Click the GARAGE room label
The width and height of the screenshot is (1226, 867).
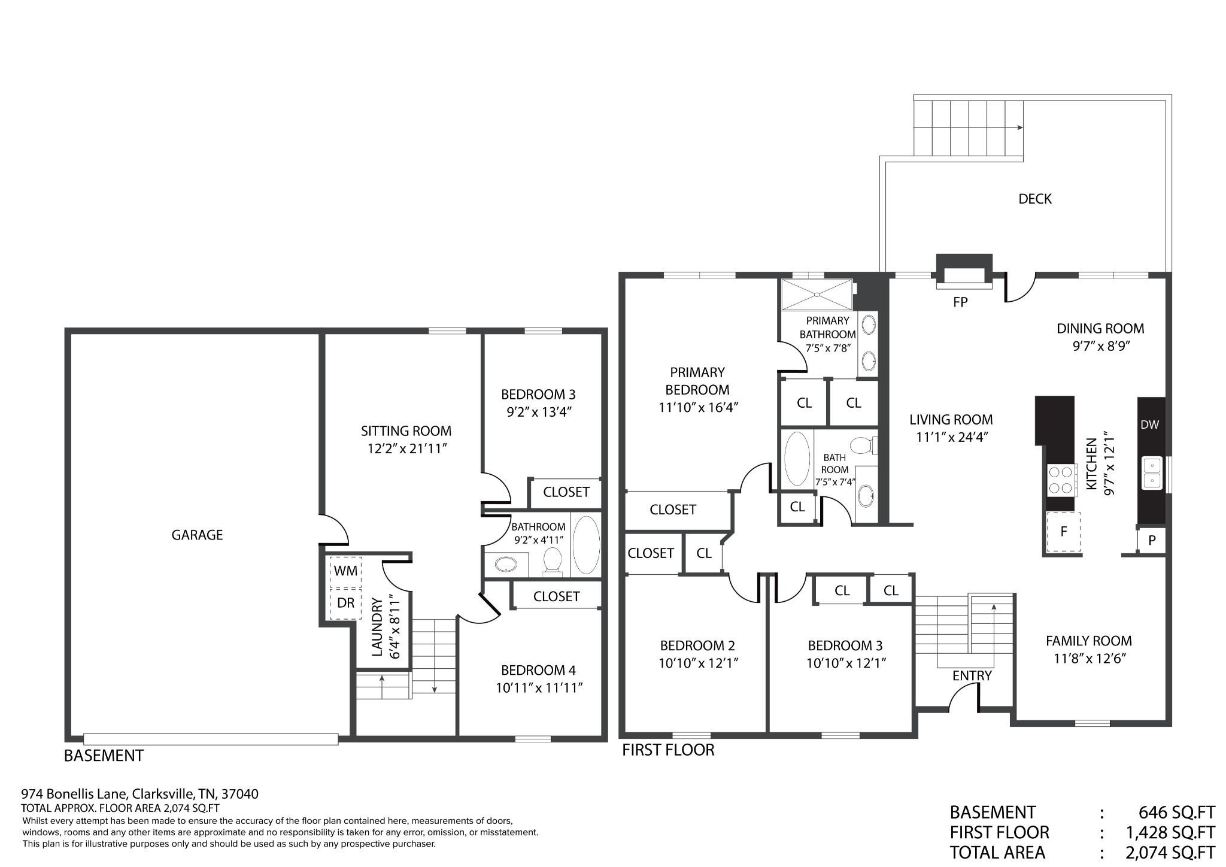(197, 535)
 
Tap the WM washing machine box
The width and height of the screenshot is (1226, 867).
(345, 571)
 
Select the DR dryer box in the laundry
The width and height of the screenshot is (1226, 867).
(345, 603)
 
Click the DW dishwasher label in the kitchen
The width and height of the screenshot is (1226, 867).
(1149, 425)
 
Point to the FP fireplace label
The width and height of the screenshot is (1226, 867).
(960, 302)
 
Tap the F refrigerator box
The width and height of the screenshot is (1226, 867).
(1063, 532)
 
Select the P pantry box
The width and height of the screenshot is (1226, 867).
(1151, 541)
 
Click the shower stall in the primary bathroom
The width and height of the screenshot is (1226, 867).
(817, 295)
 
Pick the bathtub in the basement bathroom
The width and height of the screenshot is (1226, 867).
(586, 545)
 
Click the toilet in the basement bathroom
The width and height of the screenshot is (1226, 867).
(552, 561)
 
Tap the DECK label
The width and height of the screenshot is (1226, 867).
(1034, 199)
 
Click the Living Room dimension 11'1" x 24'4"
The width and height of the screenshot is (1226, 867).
(951, 437)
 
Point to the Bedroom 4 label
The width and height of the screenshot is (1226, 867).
(538, 670)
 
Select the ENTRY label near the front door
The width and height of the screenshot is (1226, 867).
(972, 675)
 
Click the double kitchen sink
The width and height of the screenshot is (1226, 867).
(1152, 473)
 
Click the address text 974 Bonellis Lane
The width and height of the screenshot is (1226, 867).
(75, 794)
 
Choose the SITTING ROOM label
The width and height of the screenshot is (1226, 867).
(406, 431)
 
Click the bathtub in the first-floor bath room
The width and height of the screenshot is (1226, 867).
(797, 459)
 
